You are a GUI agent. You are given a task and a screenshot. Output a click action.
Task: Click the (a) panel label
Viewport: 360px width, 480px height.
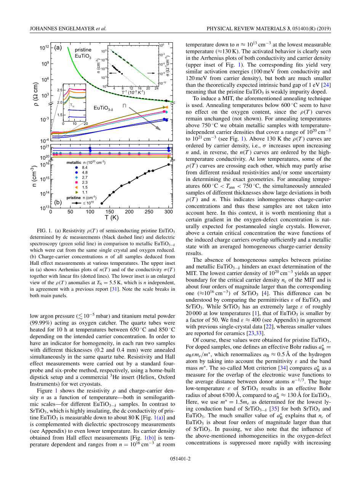(58, 48)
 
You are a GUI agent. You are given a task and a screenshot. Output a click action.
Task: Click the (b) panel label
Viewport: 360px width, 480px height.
(58, 203)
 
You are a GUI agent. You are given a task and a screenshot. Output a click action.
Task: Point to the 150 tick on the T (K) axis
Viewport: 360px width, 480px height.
(109, 212)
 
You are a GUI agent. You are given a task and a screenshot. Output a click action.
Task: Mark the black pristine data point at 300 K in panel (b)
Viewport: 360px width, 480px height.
(168, 165)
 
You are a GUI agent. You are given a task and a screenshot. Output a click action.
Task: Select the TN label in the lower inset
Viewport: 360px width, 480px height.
(72, 105)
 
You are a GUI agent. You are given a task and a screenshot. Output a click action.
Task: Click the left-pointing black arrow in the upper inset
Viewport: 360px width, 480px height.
(112, 72)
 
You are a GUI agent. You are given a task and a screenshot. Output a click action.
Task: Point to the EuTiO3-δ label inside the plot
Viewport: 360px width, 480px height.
(102, 108)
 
